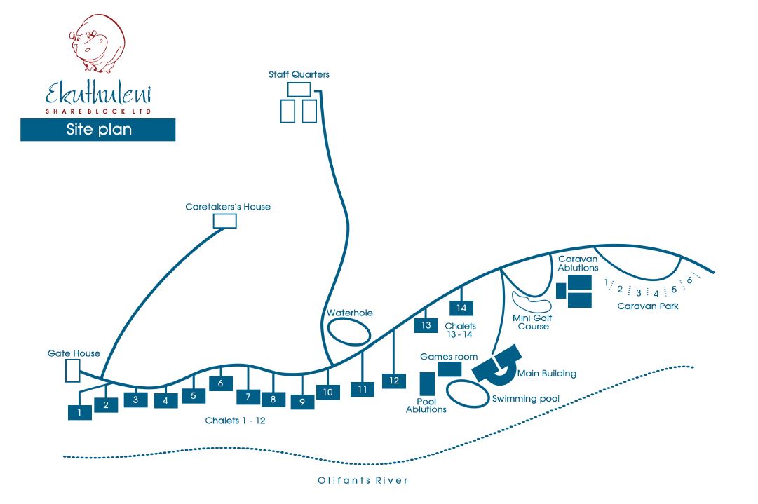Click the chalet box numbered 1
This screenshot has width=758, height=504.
point(80,413)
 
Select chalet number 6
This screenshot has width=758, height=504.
point(220,383)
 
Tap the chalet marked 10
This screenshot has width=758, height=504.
point(327,392)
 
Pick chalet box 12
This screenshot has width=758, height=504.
point(393,381)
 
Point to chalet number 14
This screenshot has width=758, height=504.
point(461,308)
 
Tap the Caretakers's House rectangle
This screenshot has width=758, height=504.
point(224,221)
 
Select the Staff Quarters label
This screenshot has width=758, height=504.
point(299,74)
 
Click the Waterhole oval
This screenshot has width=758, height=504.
point(350,331)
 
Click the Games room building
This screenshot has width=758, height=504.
point(449,369)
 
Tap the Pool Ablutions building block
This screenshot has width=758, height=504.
point(426,383)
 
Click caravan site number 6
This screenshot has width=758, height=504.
point(689,280)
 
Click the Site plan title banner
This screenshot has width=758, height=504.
point(98,130)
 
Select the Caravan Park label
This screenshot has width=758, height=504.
point(647,306)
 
